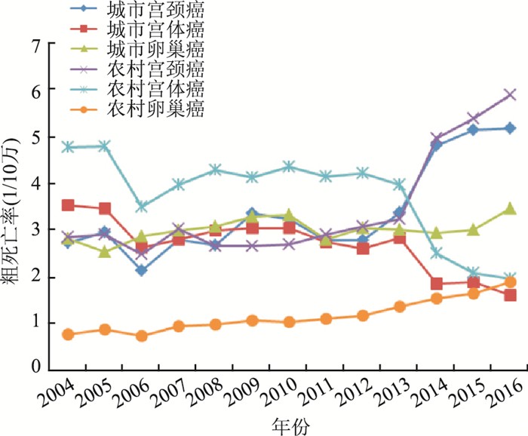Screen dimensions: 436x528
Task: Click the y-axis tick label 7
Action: [x=33, y=45]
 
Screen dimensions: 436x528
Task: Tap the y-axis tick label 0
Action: [x=33, y=367]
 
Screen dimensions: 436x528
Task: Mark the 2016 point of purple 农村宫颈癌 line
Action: [x=510, y=95]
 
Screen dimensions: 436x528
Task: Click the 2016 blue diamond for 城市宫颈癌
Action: [x=510, y=128]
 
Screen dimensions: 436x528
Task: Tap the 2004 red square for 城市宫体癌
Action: [x=69, y=205]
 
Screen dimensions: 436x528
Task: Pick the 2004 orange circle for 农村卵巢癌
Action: [x=69, y=334]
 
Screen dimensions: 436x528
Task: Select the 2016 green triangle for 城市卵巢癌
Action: [x=510, y=208]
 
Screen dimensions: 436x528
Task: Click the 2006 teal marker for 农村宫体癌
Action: [x=142, y=206]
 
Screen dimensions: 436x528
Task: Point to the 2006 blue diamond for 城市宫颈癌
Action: [x=142, y=270]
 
